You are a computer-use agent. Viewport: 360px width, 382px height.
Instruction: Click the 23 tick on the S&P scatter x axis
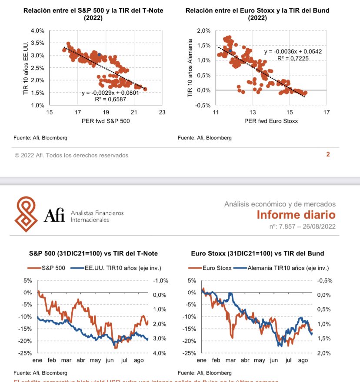click(162, 113)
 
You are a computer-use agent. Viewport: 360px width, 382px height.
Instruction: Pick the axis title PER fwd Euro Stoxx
click(271, 121)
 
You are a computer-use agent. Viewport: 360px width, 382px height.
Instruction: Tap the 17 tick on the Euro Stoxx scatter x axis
click(327, 113)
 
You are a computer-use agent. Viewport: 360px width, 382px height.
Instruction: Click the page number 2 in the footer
click(328, 154)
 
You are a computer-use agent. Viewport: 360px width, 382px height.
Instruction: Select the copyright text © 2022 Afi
click(71, 155)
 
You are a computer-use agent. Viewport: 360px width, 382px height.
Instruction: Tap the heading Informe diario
click(296, 215)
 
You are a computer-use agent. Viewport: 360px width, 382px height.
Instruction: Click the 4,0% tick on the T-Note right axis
click(160, 353)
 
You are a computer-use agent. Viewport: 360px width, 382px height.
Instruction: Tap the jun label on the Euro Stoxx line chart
click(274, 361)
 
